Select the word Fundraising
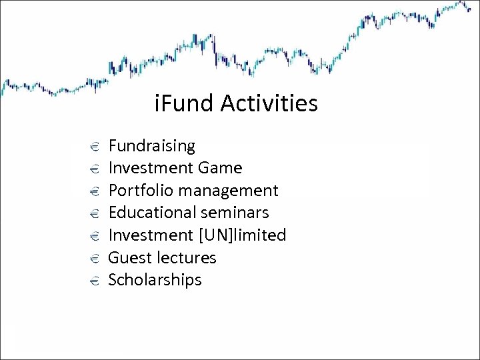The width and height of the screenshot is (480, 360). click(151, 146)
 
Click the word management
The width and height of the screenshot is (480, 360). click(227, 191)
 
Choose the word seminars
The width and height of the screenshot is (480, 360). click(238, 213)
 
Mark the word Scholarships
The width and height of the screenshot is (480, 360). click(155, 280)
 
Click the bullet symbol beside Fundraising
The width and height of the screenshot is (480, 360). click(94, 147)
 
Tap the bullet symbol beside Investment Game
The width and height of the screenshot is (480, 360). click(94, 169)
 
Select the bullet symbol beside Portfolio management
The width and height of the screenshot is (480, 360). click(94, 191)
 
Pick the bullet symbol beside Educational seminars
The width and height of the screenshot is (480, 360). click(94, 213)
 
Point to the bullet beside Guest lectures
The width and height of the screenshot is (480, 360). click(94, 258)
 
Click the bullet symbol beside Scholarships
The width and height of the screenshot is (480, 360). click(94, 281)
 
